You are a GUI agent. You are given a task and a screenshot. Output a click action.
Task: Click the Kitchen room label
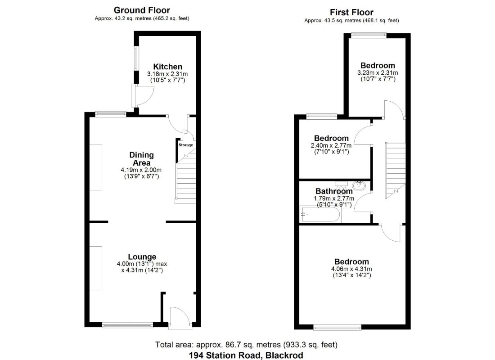pyautogui.click(x=168, y=67)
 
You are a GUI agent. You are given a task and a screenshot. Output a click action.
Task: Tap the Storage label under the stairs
pyautogui.click(x=185, y=145)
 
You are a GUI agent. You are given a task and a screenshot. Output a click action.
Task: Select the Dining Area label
pyautogui.click(x=141, y=159)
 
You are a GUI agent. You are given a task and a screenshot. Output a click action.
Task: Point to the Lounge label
pyautogui.click(x=142, y=257)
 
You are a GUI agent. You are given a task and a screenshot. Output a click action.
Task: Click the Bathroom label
pyautogui.click(x=334, y=191)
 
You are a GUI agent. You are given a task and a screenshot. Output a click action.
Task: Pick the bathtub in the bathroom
pyautogui.click(x=319, y=214)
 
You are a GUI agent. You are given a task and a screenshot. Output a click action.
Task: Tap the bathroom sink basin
pyautogui.click(x=359, y=186)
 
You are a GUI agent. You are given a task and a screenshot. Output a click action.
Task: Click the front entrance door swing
pyautogui.click(x=180, y=317)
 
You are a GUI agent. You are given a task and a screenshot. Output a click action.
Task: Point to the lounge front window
pyautogui.click(x=127, y=324)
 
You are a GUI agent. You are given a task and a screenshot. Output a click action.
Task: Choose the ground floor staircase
pyautogui.click(x=186, y=180)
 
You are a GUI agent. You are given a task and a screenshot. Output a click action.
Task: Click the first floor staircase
pyautogui.click(x=395, y=171)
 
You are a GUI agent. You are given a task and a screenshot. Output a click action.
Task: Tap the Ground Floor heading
pyautogui.click(x=142, y=10)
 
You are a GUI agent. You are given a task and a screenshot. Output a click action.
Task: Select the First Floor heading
pyautogui.click(x=352, y=12)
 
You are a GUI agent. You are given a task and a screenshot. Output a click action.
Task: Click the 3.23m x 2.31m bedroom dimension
pyautogui.click(x=378, y=73)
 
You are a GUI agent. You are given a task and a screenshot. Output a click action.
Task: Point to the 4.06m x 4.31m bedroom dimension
pyautogui.click(x=351, y=269)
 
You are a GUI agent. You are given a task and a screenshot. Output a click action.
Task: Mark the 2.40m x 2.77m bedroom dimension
pyautogui.click(x=331, y=146)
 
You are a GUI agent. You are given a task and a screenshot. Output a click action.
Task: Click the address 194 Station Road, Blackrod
pyautogui.click(x=246, y=355)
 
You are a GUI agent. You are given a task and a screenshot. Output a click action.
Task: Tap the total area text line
pyautogui.click(x=246, y=345)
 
